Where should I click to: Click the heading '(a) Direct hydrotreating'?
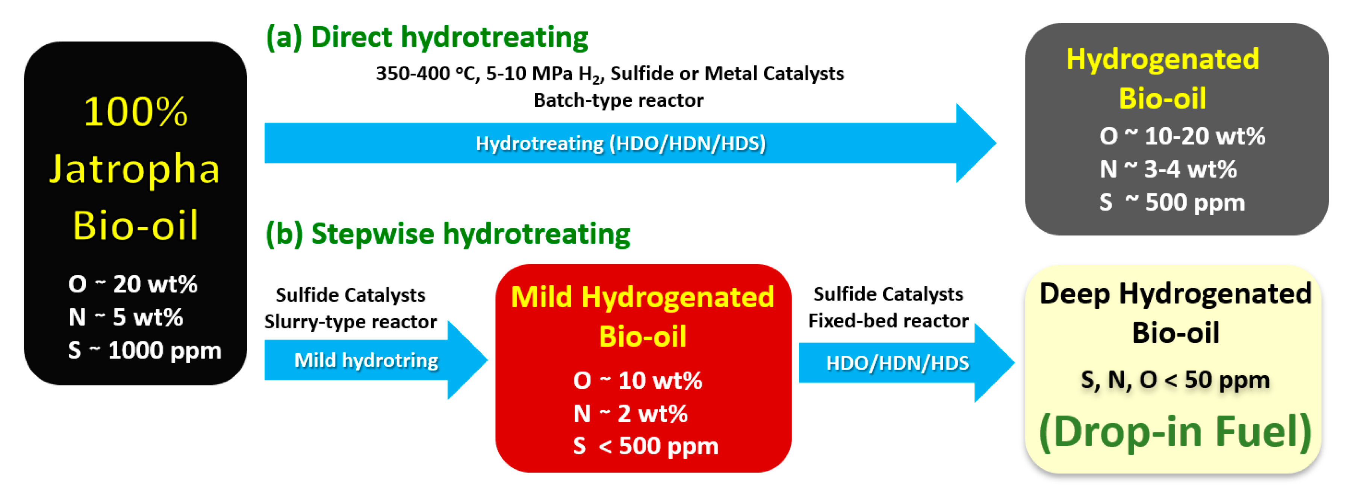[x=427, y=38]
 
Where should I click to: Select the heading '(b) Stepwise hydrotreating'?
[x=448, y=234]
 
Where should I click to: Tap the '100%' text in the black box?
[x=135, y=112]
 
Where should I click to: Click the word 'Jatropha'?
[x=135, y=169]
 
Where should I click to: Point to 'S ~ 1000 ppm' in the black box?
[x=145, y=350]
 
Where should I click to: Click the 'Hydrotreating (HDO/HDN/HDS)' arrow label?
[x=620, y=144]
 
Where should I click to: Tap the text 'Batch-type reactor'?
[x=618, y=100]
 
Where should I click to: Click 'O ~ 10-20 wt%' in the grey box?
[x=1182, y=136]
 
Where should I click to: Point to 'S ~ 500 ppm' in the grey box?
[x=1172, y=202]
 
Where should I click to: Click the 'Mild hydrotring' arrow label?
[x=366, y=360]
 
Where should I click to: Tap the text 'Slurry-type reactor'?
[x=350, y=322]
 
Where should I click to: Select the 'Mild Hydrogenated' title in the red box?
[x=642, y=298]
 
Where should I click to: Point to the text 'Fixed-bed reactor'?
[x=888, y=321]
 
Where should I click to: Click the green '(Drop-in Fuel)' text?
[x=1175, y=432]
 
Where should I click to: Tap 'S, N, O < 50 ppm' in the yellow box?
[x=1175, y=380]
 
